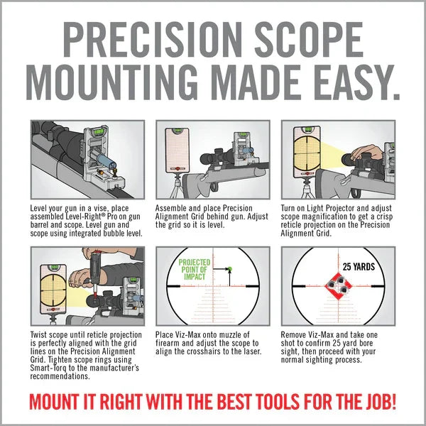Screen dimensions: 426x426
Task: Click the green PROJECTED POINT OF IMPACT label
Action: pyautogui.click(x=193, y=271)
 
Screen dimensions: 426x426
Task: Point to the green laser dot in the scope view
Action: pyautogui.click(x=230, y=269)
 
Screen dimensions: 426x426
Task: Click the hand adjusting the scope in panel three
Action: pyautogui.click(x=366, y=155)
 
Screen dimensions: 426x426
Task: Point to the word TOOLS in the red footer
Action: pyautogui.click(x=269, y=402)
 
